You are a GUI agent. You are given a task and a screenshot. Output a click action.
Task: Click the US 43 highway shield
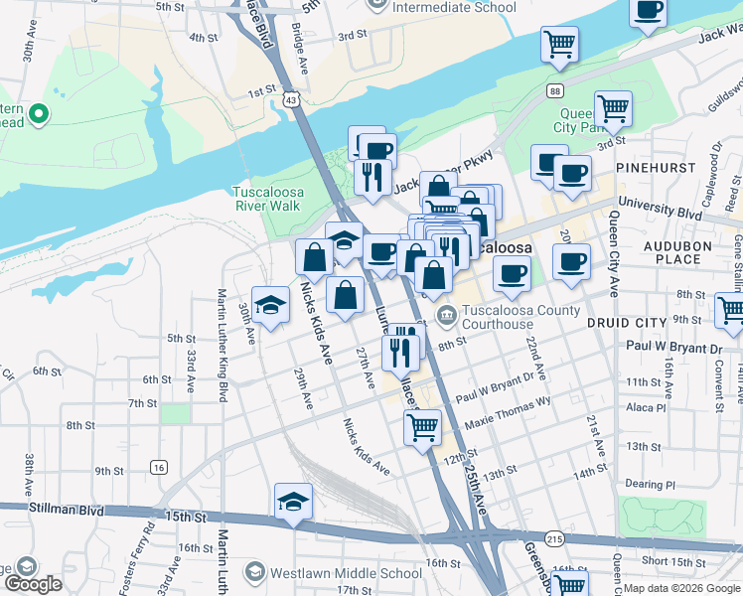[x=289, y=99]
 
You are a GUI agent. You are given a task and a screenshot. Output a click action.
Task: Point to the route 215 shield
[x=554, y=538]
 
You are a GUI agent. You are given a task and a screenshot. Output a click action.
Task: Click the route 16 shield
[x=159, y=467]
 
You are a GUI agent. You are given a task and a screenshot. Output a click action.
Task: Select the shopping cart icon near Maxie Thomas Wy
[x=422, y=428]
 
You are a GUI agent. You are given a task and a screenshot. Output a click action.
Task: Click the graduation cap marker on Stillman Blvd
[x=293, y=502]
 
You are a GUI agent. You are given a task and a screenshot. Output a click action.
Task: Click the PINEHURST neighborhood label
[x=656, y=168]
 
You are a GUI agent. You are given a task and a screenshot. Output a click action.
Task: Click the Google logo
[x=34, y=584]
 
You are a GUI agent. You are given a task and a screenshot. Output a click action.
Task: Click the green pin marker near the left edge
[x=39, y=115]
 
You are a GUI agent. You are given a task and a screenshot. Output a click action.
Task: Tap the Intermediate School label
[x=455, y=7]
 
